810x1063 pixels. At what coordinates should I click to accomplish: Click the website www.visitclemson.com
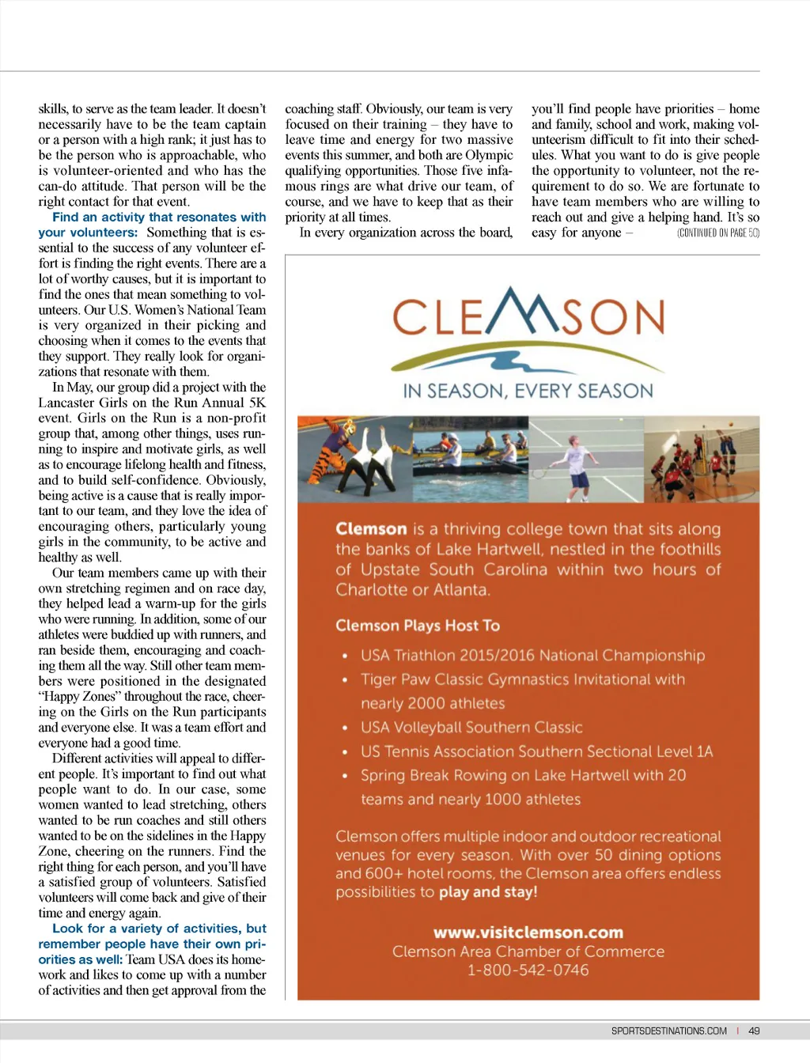pos(528,932)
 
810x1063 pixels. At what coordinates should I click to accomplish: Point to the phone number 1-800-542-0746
pos(528,970)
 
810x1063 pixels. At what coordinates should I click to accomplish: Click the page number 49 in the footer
pos(754,1031)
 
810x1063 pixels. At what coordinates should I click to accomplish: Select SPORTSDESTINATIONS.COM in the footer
pos(668,1031)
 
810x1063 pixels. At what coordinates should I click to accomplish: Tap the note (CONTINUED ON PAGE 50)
pos(717,233)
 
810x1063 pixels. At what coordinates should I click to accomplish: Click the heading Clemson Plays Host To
pos(418,626)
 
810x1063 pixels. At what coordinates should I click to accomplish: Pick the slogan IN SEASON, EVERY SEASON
pos(528,391)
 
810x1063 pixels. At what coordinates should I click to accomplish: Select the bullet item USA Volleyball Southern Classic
pos(471,728)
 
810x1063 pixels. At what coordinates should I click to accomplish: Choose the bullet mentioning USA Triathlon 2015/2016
pos(532,656)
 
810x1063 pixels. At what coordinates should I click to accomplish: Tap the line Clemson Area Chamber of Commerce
pos(528,951)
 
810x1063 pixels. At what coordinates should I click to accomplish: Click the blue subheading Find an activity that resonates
pos(158,218)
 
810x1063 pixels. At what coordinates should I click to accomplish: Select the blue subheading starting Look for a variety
pos(158,929)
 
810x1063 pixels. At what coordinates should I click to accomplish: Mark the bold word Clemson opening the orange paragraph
pos(370,529)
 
